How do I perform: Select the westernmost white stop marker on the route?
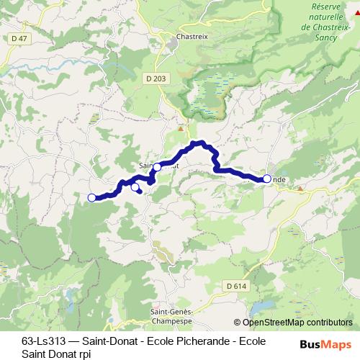pos(91,198)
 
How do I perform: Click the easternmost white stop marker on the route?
pos(267,179)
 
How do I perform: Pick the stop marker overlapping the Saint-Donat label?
pos(157,167)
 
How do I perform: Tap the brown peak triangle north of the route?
pos(181,129)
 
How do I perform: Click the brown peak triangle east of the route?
pos(300,187)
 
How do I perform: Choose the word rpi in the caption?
pos(85,353)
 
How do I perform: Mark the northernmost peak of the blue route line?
pos(202,143)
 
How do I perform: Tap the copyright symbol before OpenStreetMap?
pos(237,323)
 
